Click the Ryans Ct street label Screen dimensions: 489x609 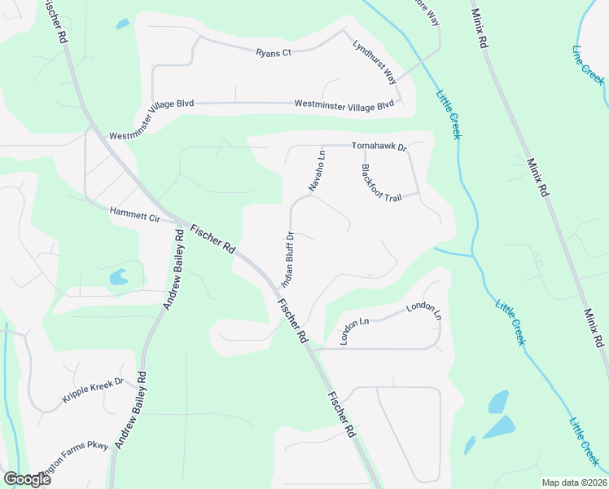pyautogui.click(x=273, y=53)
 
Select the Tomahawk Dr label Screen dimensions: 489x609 pyautogui.click(x=378, y=146)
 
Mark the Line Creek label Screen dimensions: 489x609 pyautogui.click(x=588, y=64)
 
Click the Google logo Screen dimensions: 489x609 pyautogui.click(x=27, y=479)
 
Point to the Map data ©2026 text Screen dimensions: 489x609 pyautogui.click(x=574, y=482)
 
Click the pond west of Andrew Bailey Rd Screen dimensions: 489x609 pyautogui.click(x=118, y=277)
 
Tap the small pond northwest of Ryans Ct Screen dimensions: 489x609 pyautogui.click(x=122, y=24)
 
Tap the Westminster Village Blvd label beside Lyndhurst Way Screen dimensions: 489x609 pyautogui.click(x=344, y=104)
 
